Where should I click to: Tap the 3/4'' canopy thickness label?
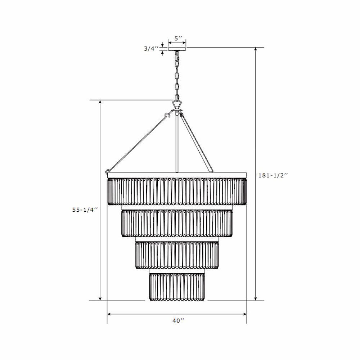[x=151, y=49]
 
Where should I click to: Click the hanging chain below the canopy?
[x=177, y=76]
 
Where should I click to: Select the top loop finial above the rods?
[x=177, y=105]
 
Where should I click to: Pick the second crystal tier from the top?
[x=177, y=223]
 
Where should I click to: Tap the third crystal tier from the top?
[x=177, y=255]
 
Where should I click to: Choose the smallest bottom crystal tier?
[x=177, y=287]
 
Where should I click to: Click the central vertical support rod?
[x=176, y=144]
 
